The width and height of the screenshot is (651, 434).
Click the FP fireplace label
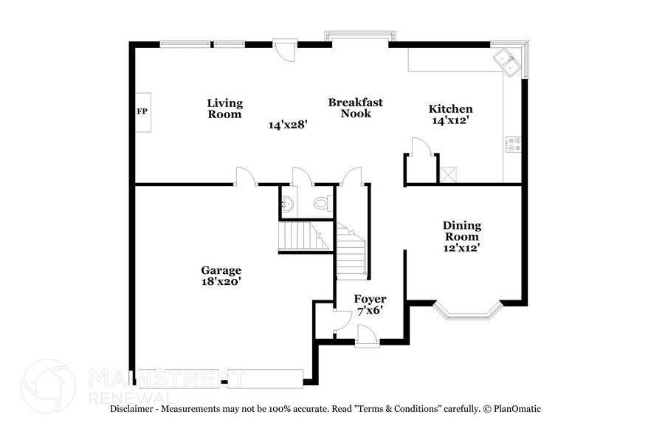coord(142,112)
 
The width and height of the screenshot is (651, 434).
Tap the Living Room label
coord(224,108)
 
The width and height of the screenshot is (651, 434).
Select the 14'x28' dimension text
coord(287,125)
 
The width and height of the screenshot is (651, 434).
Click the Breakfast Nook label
coord(356,108)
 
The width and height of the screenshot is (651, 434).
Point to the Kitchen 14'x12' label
coord(451,114)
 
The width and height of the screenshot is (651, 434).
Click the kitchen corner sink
coord(508,61)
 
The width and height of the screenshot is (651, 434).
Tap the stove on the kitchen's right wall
coord(513,144)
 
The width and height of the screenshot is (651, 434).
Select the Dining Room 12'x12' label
coord(462,236)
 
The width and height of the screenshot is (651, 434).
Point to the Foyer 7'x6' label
coord(370,304)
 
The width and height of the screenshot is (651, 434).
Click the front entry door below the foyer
coord(367,338)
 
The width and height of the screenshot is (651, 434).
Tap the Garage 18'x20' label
coord(221,275)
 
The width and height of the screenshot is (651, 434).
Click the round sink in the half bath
coord(289,204)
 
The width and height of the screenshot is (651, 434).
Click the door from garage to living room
coord(245,176)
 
